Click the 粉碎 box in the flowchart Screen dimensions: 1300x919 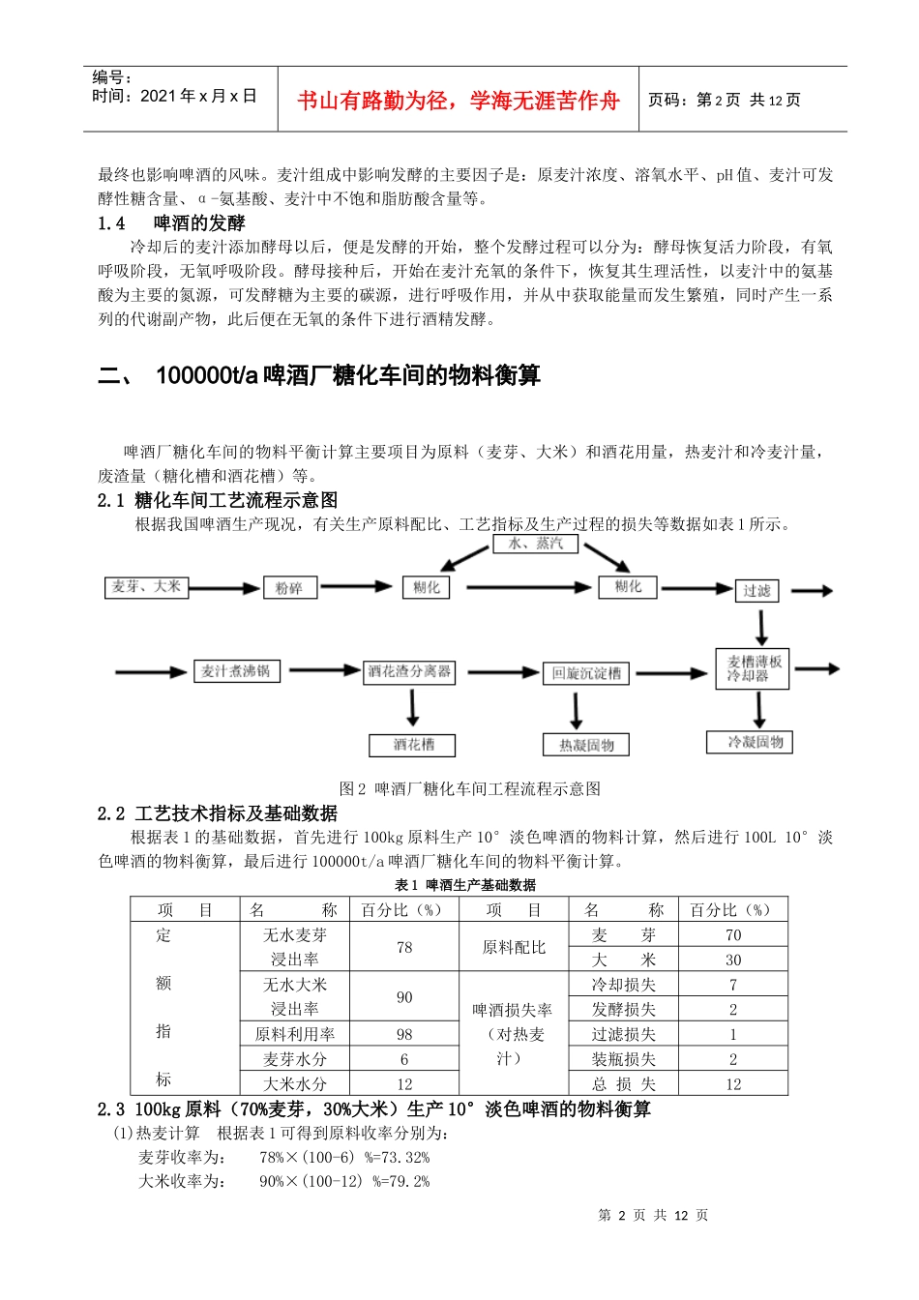pyautogui.click(x=289, y=588)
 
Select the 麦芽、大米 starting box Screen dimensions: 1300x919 pyautogui.click(x=146, y=587)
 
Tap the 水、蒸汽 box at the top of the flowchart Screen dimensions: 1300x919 pyautogui.click(x=536, y=544)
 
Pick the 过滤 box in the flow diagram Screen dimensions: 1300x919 pyautogui.click(x=756, y=590)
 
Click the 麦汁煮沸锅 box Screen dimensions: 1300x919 pyautogui.click(x=236, y=671)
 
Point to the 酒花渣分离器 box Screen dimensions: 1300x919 pyautogui.click(x=409, y=671)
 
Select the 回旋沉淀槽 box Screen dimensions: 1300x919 pyautogui.click(x=586, y=673)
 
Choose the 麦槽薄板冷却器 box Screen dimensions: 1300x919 pyautogui.click(x=753, y=668)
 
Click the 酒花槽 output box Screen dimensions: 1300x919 pyautogui.click(x=413, y=745)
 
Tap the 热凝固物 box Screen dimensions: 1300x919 pyautogui.click(x=586, y=745)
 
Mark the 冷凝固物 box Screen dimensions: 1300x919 pyautogui.click(x=756, y=743)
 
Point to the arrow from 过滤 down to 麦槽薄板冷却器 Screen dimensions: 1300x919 pyautogui.click(x=761, y=628)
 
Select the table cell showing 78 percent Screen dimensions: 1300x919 pyautogui.click(x=404, y=947)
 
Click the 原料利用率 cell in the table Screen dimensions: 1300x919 pyautogui.click(x=295, y=1034)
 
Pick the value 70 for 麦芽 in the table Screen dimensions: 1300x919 pyautogui.click(x=733, y=935)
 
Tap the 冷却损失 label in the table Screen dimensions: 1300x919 pyautogui.click(x=624, y=985)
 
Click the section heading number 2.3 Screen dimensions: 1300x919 pyautogui.click(x=111, y=1109)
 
